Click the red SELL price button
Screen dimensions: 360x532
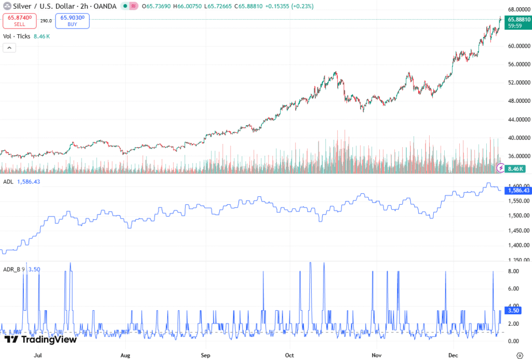coord(19,21)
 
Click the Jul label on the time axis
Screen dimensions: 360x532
coord(37,356)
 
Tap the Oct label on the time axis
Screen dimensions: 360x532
coord(290,356)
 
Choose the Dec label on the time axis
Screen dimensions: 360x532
coord(454,356)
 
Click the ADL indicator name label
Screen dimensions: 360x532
coord(8,182)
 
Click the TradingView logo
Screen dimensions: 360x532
coord(41,339)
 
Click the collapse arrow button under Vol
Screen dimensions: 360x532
coord(9,48)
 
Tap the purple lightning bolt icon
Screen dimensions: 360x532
coord(501,167)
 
